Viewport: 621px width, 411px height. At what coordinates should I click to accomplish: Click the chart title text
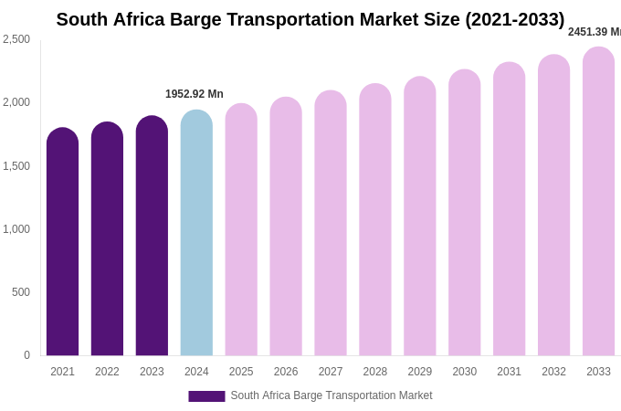coord(310,19)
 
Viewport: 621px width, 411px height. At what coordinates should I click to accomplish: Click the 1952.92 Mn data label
coord(195,94)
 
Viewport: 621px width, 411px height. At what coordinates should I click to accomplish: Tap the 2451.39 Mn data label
coord(595,32)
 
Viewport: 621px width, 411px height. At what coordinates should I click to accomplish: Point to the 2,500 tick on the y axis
coord(16,39)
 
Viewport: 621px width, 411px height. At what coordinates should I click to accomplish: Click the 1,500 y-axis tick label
coord(16,166)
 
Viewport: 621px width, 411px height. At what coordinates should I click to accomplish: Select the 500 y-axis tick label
coord(20,292)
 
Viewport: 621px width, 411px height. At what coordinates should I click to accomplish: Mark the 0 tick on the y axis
coord(26,355)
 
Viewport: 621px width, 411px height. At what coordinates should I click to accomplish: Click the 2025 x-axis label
coord(241,372)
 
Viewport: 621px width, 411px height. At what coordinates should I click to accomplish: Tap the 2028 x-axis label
coord(375,372)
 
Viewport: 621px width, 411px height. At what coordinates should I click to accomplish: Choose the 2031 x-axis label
coord(509,372)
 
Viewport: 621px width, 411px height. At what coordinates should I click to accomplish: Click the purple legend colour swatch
coord(206,396)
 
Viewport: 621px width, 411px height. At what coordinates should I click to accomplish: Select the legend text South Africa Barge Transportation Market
coord(332,395)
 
